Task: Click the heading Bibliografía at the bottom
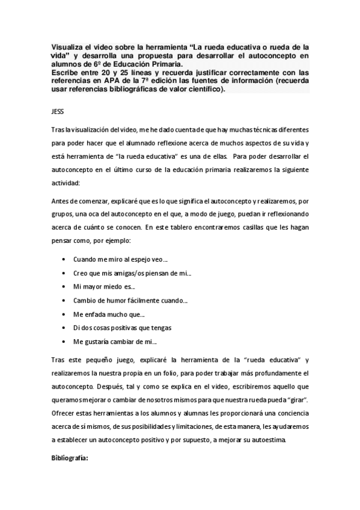(x=70, y=458)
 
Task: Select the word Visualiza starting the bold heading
(x=66, y=46)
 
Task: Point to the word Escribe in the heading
(x=64, y=72)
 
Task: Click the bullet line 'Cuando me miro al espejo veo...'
(x=120, y=259)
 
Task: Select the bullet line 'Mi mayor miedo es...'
(x=104, y=287)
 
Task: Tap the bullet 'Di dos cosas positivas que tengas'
(x=123, y=328)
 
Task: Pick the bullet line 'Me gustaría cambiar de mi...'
(x=115, y=342)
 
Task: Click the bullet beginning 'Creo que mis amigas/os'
(x=132, y=273)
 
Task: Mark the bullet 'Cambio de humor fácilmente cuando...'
(x=130, y=301)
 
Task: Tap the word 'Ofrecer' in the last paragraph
(x=63, y=413)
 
